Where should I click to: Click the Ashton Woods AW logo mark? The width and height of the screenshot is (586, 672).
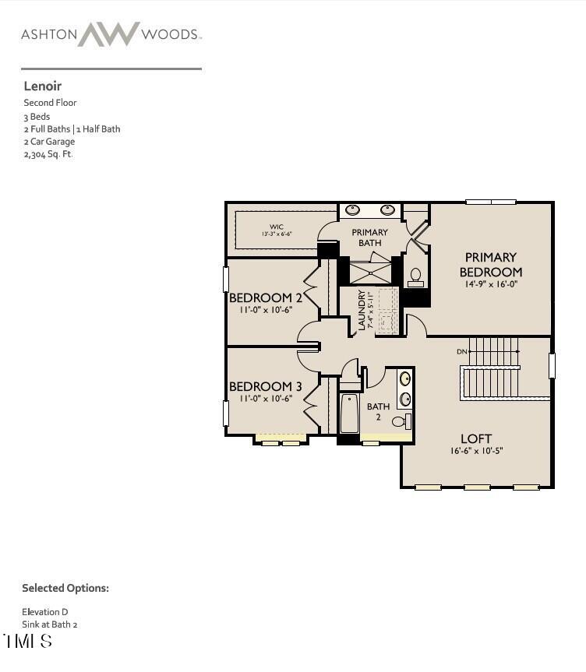108,34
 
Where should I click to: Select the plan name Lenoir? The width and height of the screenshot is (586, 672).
42,86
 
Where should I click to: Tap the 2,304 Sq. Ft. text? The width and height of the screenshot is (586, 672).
48,154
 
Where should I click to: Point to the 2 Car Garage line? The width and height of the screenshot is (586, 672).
49,142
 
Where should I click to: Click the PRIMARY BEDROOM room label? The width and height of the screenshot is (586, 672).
490,264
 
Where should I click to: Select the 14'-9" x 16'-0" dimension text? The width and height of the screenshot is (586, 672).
490,284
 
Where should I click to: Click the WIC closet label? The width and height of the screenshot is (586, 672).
277,227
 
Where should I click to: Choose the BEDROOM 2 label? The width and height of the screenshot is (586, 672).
265,297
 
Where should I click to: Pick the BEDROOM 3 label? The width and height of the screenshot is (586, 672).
265,386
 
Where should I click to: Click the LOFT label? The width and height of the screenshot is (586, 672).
475,438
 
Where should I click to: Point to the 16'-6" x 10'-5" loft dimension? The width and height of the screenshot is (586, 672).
475,451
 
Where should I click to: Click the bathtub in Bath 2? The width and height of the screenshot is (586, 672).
349,413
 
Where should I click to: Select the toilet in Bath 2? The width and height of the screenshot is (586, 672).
400,421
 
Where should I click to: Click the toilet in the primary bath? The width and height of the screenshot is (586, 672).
415,276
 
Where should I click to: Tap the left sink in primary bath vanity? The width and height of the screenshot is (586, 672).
352,209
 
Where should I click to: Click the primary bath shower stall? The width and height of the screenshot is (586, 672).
369,272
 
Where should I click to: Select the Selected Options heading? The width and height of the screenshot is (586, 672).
65,588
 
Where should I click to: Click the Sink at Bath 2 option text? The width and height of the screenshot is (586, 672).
50,625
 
